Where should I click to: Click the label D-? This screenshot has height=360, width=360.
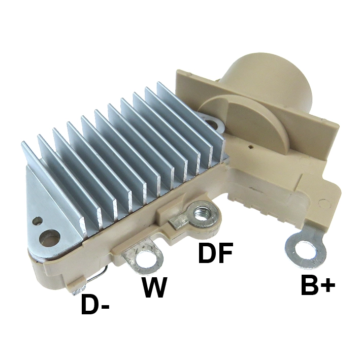tap(95, 305)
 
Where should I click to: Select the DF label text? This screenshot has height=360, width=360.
tap(215, 253)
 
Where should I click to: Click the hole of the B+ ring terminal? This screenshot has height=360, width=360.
tap(305, 250)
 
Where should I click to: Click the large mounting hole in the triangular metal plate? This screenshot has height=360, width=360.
tap(50, 239)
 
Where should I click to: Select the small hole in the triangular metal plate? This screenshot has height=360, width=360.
tap(38, 221)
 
